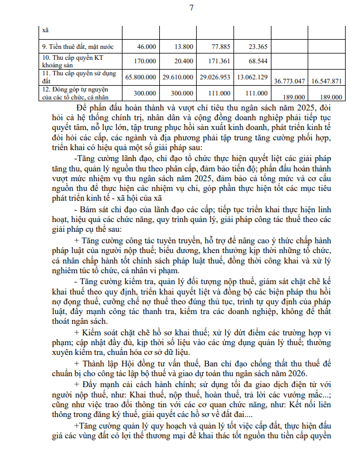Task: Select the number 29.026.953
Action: pyautogui.click(x=213, y=76)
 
